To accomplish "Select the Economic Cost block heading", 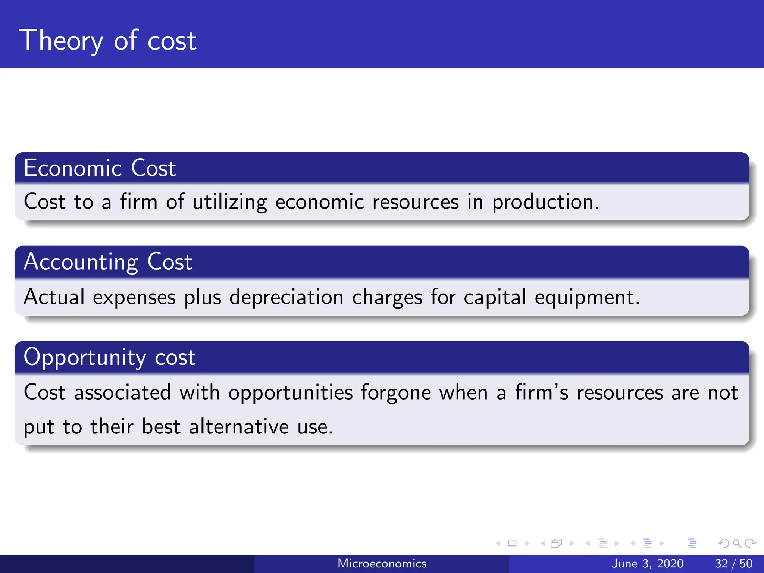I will [x=100, y=168].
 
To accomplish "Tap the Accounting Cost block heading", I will [x=108, y=262].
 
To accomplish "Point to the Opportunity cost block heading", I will [x=109, y=357].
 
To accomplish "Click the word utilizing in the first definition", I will [x=230, y=202].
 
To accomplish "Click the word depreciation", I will [x=286, y=297].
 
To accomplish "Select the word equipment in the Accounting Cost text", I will [x=587, y=297].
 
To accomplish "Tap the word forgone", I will [x=396, y=393].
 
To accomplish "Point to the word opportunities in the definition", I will [x=290, y=393].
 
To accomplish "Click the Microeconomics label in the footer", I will [x=382, y=563].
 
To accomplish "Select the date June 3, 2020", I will [x=648, y=563].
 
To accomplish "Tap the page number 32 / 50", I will [x=733, y=563].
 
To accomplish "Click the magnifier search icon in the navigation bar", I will [x=737, y=543].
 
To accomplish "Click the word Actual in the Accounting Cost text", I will [x=54, y=297].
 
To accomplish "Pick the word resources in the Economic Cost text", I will [x=416, y=202].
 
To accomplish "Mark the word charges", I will [x=387, y=297].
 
